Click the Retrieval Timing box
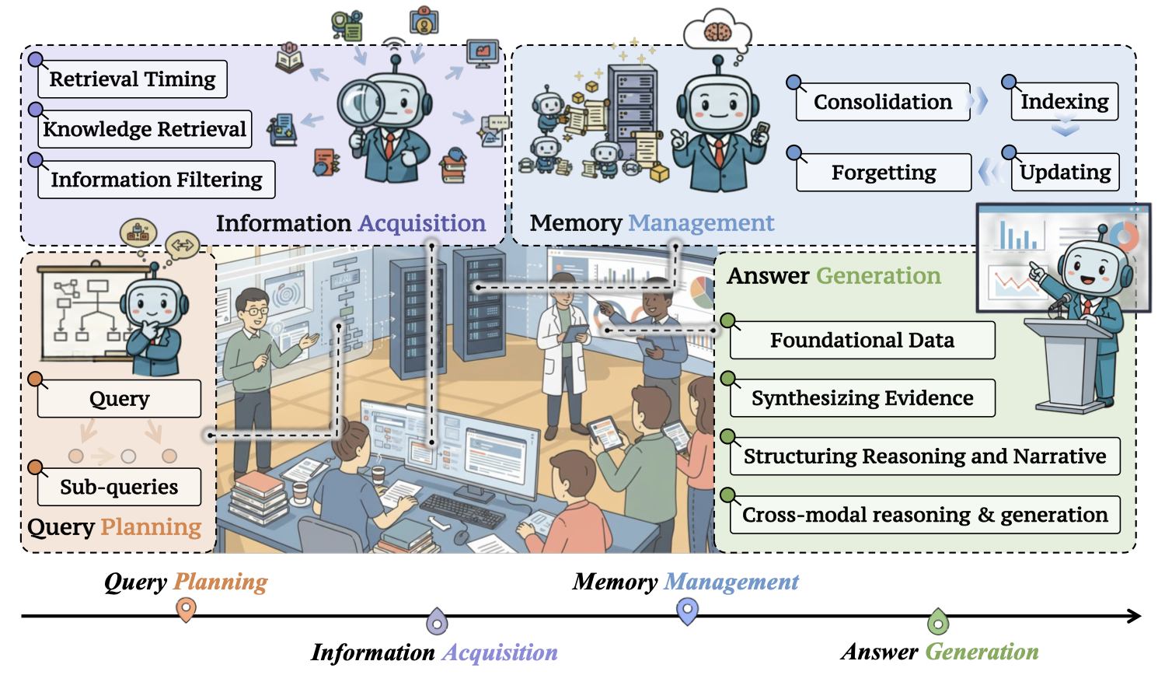[x=132, y=79]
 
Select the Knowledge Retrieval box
[x=145, y=129]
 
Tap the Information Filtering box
[x=156, y=180]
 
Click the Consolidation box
[x=883, y=102]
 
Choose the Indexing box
[x=1064, y=102]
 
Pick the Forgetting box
[x=884, y=173]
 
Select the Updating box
[x=1065, y=173]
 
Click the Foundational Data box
[x=862, y=341]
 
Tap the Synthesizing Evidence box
[x=862, y=398]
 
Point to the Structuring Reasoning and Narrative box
[x=925, y=456]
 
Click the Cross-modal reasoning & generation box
[x=925, y=515]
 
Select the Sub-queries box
[x=119, y=488]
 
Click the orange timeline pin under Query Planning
[x=186, y=609]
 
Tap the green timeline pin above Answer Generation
[x=938, y=621]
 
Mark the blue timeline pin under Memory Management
[x=688, y=610]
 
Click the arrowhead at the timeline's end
[x=1135, y=616]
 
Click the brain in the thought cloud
[x=716, y=32]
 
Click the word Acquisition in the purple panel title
[x=422, y=224]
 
